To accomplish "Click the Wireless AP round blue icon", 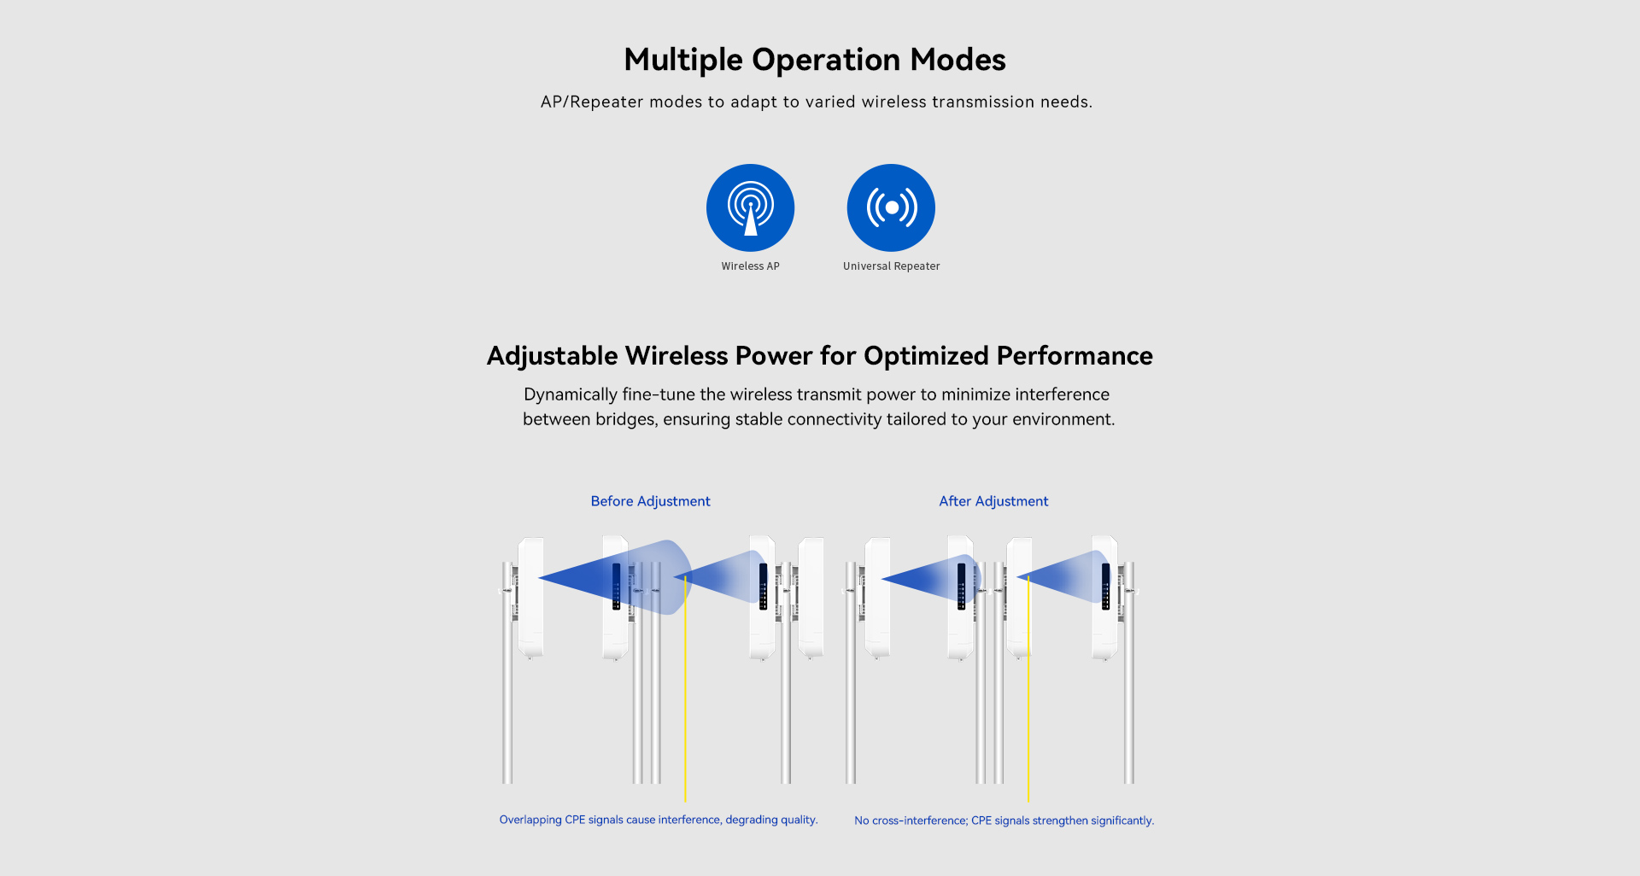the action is tap(750, 207).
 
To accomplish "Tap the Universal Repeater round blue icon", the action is tap(891, 207).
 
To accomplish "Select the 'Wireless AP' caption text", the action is tap(750, 266).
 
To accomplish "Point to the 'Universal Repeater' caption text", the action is tap(891, 266).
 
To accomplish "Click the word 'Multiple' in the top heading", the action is tap(683, 61).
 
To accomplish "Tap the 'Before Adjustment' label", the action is tap(650, 501).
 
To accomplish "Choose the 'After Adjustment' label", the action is tap(993, 501).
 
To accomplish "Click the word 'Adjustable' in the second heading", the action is tap(552, 356).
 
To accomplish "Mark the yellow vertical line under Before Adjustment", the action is tap(685, 688).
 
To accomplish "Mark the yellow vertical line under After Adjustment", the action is tap(1028, 688).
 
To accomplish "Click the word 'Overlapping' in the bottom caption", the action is tap(530, 820).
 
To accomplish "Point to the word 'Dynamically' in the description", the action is tap(571, 394).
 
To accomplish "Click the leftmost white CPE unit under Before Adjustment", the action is tap(530, 598).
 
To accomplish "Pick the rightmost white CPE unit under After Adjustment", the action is tap(1104, 598).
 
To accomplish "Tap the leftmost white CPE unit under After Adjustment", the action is tap(877, 598).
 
